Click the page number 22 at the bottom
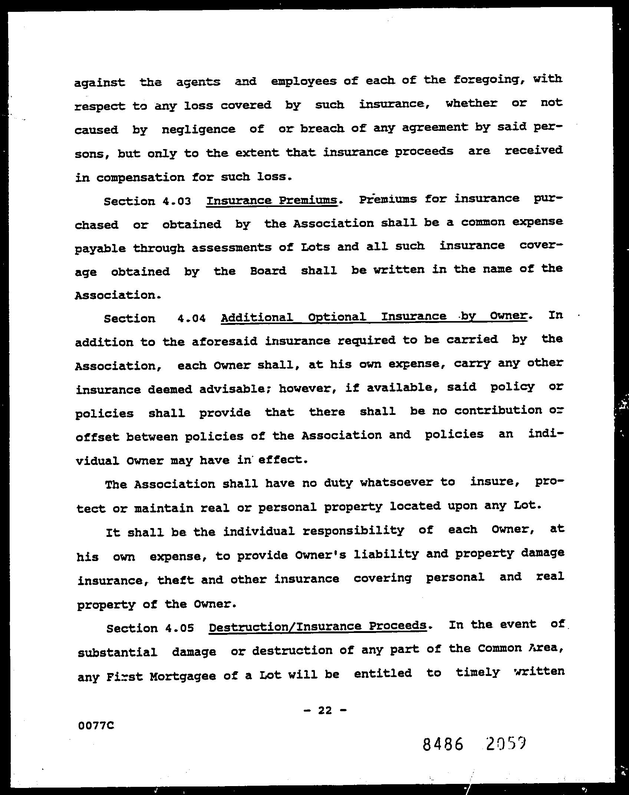pos(325,710)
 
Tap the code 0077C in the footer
pos(96,725)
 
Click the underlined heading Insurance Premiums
pos(272,200)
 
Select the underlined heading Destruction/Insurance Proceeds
pos(317,627)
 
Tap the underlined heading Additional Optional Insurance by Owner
pos(373,317)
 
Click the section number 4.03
pos(177,201)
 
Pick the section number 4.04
pos(191,318)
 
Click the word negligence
pos(198,129)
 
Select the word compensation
pos(140,177)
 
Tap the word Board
pos(268,271)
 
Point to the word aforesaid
pos(224,341)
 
